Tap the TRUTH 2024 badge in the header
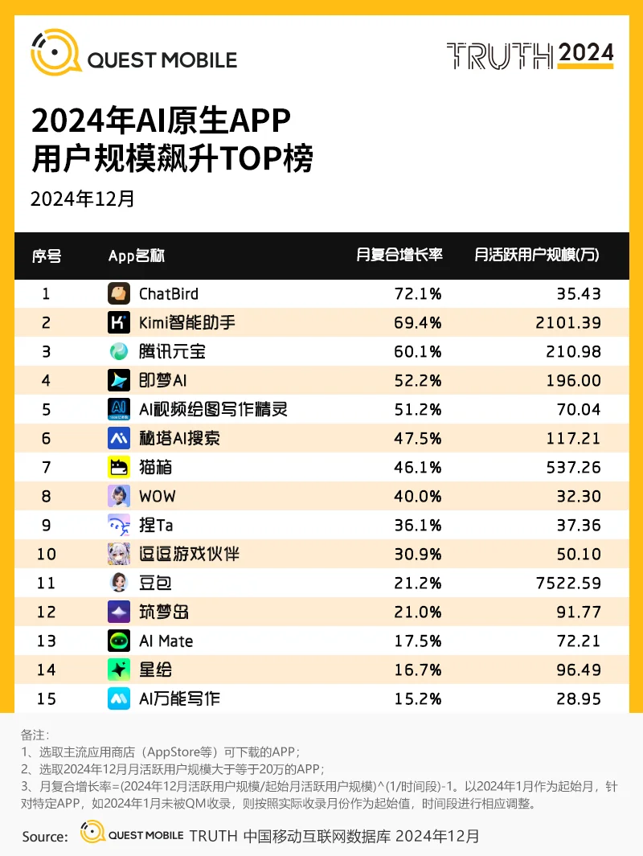click(x=530, y=55)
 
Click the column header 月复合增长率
click(x=399, y=256)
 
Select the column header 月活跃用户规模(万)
click(x=537, y=256)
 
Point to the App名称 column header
click(x=136, y=256)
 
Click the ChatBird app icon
click(x=119, y=293)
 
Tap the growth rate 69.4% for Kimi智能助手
click(x=417, y=322)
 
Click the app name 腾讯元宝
click(x=166, y=351)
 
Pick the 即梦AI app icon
click(x=119, y=380)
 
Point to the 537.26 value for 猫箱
click(x=573, y=467)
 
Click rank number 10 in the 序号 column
click(x=47, y=554)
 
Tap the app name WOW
click(x=157, y=496)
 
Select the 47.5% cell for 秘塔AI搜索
click(x=417, y=438)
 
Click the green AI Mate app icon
click(x=119, y=641)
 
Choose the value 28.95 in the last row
click(x=578, y=698)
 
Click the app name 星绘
click(x=155, y=670)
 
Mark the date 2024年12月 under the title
click(x=82, y=199)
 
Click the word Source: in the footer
click(x=45, y=837)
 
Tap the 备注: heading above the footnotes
click(x=35, y=735)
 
